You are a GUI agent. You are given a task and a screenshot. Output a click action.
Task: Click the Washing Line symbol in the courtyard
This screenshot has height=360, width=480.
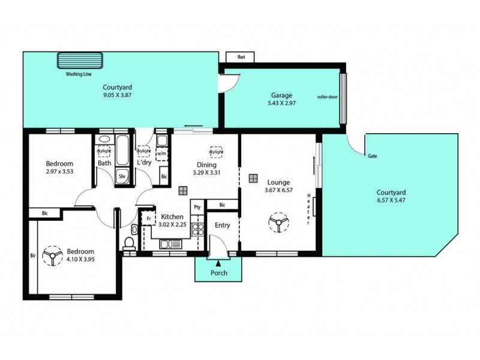80,61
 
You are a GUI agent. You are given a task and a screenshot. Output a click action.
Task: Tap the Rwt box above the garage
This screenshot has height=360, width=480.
241,58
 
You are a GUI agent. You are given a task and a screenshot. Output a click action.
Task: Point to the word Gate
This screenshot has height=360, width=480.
372,155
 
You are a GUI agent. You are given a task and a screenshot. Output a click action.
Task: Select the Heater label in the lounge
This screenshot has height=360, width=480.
308,209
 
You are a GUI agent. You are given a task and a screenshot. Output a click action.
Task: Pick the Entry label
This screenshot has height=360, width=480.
222,226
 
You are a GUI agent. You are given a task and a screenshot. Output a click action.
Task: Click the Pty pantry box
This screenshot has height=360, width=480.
197,206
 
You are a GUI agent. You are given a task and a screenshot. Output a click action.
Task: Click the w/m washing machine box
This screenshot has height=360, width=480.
161,154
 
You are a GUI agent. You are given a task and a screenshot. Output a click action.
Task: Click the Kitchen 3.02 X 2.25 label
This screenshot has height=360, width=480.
172,221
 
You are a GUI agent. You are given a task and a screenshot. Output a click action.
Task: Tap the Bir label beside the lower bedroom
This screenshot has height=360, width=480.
32,255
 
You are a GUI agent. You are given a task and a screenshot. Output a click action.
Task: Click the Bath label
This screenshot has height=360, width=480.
104,163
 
